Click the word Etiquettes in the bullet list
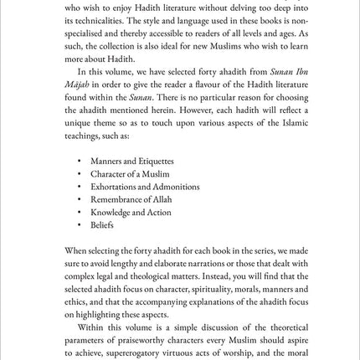[157, 161]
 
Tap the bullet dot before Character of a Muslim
[79, 174]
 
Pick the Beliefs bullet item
[102, 225]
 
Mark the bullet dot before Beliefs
[79, 225]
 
